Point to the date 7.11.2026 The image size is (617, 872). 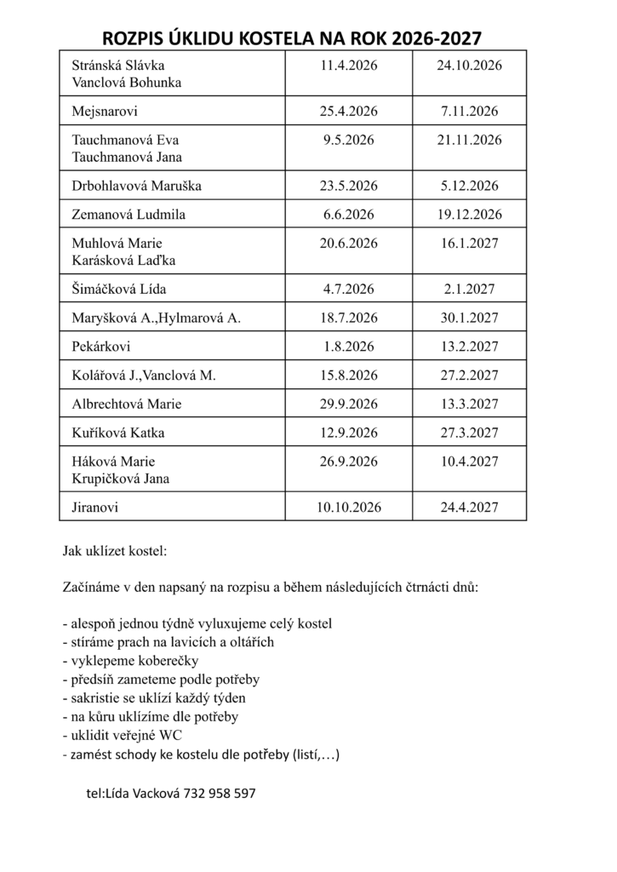point(469,111)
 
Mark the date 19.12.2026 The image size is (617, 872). point(469,215)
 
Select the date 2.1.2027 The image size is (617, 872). point(469,289)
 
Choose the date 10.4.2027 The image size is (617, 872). point(469,462)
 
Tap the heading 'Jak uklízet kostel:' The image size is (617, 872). point(115,551)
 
